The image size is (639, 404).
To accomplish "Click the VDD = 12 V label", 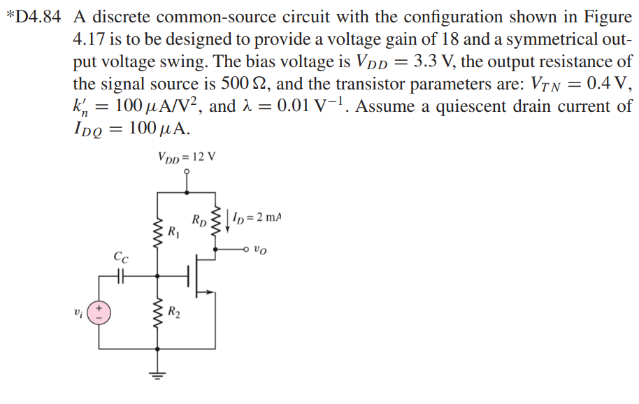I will click(187, 156).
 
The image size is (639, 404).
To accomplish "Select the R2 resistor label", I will click(174, 312).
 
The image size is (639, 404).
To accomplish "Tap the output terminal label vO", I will click(261, 248).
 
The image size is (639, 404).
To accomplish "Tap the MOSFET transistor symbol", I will click(199, 276).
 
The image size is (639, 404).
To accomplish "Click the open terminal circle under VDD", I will click(187, 170).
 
